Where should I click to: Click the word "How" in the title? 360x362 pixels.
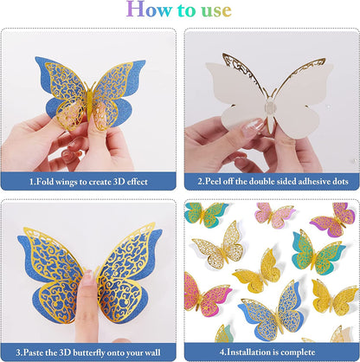click(149, 10)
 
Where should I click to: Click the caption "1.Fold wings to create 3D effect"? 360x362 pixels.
click(88, 182)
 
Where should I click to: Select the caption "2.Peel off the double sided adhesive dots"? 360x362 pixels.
click(273, 181)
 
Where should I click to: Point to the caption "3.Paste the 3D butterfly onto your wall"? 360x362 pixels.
click(88, 352)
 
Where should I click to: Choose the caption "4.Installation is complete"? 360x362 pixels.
click(267, 352)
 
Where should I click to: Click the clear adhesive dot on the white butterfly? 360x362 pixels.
click(271, 107)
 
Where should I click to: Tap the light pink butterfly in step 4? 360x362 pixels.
click(273, 216)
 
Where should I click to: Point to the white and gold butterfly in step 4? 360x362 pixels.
click(219, 245)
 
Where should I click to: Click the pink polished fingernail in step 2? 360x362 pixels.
click(254, 126)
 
